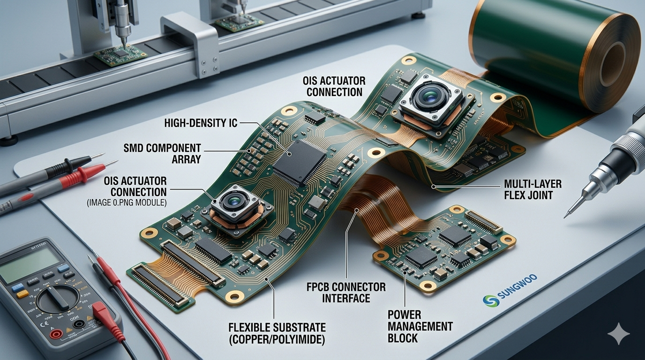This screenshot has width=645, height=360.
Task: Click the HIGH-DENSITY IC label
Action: pyautogui.click(x=201, y=123)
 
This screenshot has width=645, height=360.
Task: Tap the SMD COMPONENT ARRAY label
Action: pyautogui.click(x=162, y=153)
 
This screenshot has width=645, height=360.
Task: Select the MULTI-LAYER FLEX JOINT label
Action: pyautogui.click(x=532, y=189)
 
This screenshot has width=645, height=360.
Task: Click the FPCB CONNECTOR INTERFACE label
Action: pyautogui.click(x=346, y=292)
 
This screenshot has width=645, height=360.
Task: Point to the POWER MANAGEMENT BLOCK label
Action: pyautogui.click(x=420, y=326)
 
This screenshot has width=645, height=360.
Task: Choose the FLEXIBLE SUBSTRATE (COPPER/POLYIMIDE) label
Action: pyautogui.click(x=277, y=333)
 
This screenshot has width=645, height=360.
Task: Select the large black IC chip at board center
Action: pyautogui.click(x=299, y=161)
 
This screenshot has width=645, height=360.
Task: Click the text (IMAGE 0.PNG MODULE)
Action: pyautogui.click(x=127, y=203)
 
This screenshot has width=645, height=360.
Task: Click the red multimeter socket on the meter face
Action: pyautogui.click(x=56, y=334)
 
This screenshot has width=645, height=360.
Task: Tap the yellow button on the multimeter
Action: pyautogui.click(x=22, y=294)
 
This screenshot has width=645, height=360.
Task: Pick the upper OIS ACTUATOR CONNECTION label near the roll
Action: pyautogui.click(x=334, y=86)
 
